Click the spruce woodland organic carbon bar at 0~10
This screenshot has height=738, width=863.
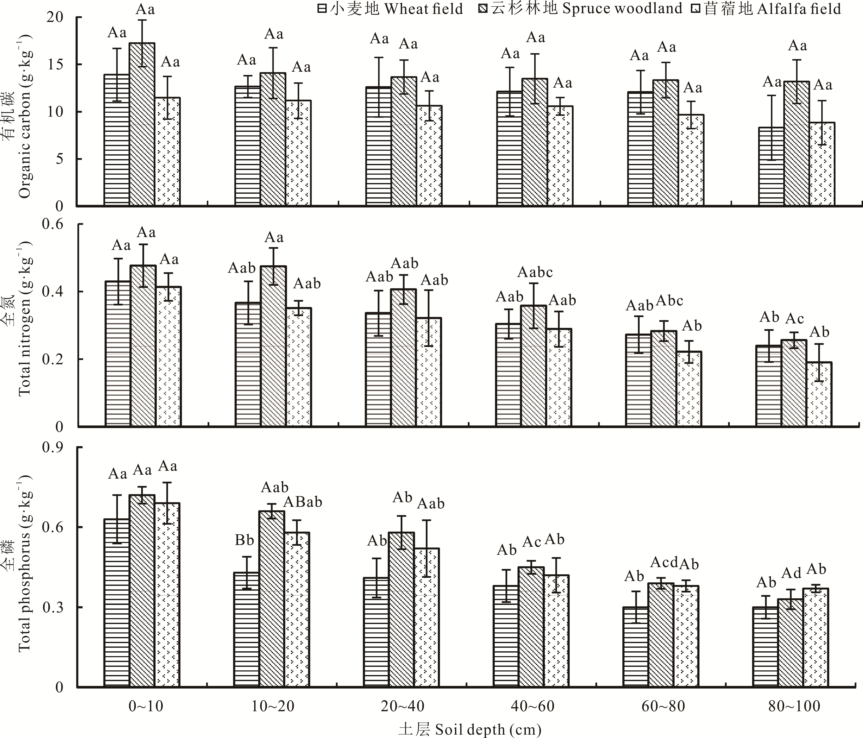(x=142, y=125)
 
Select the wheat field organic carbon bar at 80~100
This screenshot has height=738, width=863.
(x=771, y=167)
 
